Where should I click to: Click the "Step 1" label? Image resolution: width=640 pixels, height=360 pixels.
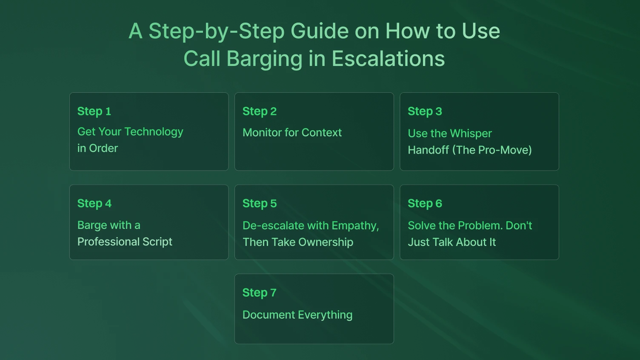[94, 111]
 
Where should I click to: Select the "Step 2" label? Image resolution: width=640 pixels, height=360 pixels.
[260, 111]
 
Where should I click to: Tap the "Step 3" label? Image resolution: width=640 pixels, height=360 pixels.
[425, 111]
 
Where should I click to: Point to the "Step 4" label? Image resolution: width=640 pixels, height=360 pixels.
[94, 203]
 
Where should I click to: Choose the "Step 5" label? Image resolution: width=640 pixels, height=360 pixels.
[260, 203]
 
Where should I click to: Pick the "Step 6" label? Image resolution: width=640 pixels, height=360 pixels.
[425, 203]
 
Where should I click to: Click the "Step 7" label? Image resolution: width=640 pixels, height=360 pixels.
[260, 293]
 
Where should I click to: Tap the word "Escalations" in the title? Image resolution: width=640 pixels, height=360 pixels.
[388, 59]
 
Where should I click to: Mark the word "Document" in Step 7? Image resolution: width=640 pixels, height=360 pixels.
[269, 315]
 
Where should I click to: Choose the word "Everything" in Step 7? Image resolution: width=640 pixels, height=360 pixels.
[326, 315]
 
